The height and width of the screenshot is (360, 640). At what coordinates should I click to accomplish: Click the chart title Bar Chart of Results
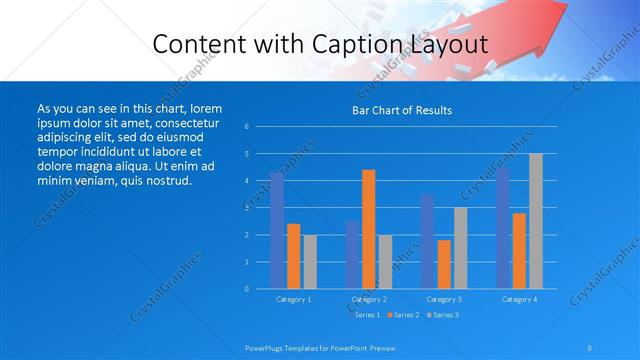(402, 110)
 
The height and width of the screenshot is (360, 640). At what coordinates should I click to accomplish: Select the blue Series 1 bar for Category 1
(277, 231)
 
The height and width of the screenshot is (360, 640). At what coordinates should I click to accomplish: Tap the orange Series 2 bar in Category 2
(368, 229)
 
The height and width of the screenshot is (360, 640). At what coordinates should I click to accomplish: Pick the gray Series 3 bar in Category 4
(536, 221)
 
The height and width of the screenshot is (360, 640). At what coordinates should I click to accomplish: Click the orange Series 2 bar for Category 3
(444, 264)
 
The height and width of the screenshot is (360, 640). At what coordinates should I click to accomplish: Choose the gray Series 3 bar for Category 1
(309, 262)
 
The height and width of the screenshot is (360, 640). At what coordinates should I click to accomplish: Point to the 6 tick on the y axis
(246, 127)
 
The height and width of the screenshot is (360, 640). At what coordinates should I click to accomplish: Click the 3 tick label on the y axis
(246, 208)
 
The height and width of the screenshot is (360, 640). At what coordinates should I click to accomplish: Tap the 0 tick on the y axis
(246, 289)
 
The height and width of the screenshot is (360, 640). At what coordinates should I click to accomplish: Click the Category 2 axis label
(368, 299)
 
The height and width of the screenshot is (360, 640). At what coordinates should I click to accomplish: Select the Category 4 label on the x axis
(519, 299)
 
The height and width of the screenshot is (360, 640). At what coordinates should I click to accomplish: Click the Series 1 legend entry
(366, 315)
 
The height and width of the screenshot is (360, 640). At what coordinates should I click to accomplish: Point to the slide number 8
(590, 348)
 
